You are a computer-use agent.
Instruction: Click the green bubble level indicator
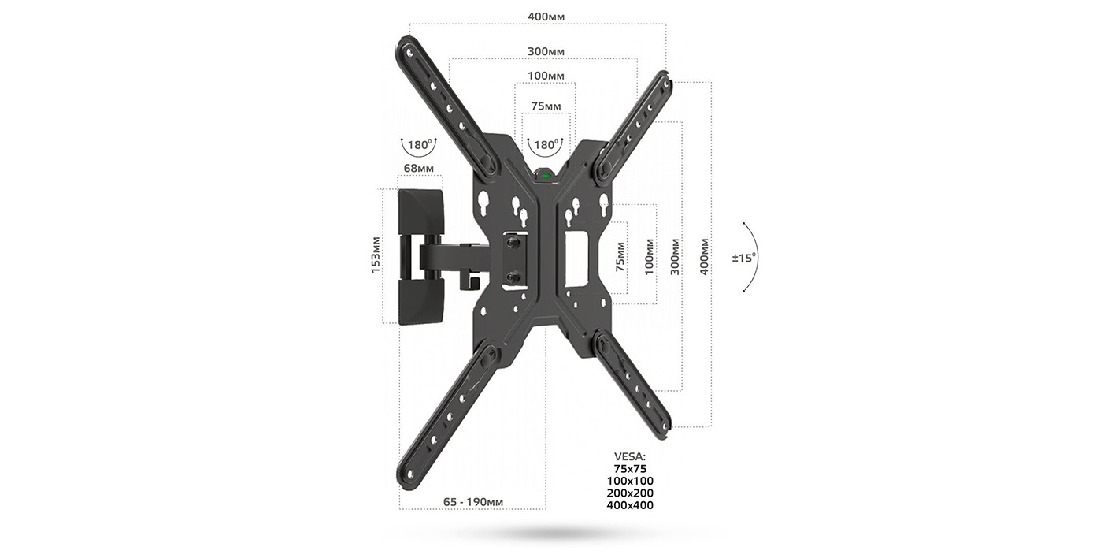[x=545, y=176]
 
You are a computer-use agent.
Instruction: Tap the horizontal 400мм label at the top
[x=546, y=17]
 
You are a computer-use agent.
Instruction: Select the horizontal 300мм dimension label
[x=546, y=52]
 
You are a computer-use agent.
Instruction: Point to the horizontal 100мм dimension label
[x=546, y=76]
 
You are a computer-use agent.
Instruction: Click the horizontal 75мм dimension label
[x=546, y=106]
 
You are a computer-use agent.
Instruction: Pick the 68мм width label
[x=418, y=169]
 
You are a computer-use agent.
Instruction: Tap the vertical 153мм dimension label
[x=376, y=255]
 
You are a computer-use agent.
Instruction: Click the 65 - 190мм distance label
[x=473, y=502]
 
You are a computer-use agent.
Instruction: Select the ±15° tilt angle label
[x=744, y=258]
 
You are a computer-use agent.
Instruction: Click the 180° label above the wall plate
[x=419, y=145]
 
